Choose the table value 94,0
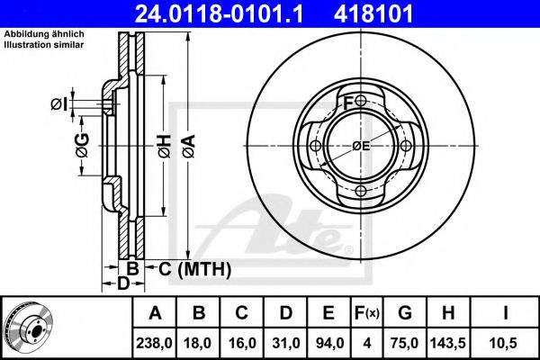click(329, 343)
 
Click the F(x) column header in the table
click(367, 312)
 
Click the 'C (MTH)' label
click(195, 269)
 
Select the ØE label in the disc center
click(361, 146)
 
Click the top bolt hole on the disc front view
click(360, 101)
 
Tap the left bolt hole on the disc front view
click(315, 147)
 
